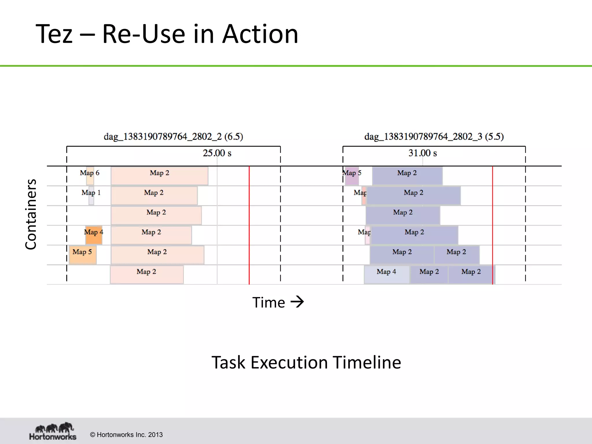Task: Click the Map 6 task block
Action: (90, 176)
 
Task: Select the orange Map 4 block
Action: (94, 235)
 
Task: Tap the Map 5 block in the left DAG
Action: (82, 255)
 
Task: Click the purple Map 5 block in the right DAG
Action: (352, 176)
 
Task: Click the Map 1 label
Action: (91, 193)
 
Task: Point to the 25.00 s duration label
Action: (217, 153)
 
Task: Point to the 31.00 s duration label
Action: (422, 153)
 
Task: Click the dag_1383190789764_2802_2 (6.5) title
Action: (173, 136)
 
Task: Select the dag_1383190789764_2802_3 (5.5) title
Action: (434, 136)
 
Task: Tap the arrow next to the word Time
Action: (297, 302)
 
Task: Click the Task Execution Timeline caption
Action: (306, 362)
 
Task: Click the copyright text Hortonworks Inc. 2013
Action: (126, 435)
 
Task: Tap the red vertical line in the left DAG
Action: (249, 225)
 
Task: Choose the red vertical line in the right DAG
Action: (493, 225)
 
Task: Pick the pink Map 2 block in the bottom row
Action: (147, 275)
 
